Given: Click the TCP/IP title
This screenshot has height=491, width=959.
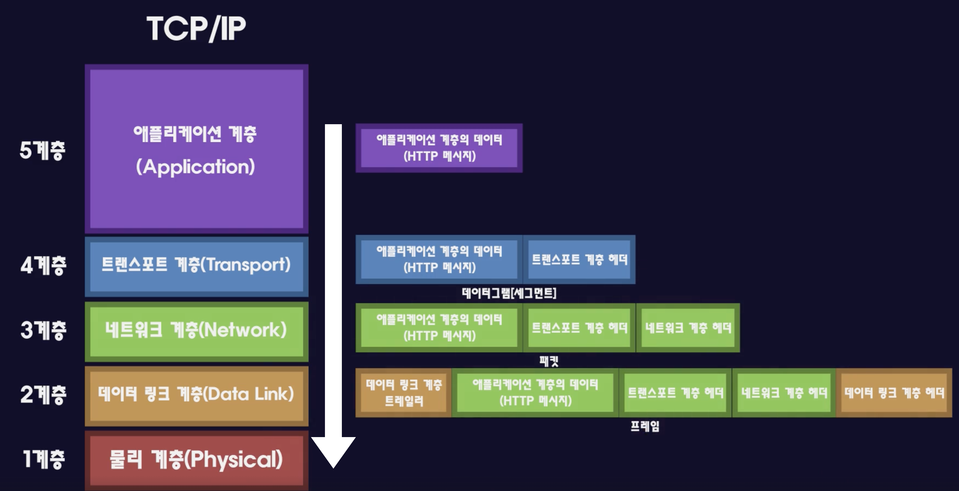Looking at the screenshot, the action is (196, 29).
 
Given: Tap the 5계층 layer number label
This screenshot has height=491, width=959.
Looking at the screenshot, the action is (43, 150).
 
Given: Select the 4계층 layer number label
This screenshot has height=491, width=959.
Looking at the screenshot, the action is (43, 265).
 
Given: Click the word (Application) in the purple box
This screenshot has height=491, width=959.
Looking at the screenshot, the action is (195, 166).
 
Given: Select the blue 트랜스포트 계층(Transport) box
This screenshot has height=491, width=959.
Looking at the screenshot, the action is (197, 267).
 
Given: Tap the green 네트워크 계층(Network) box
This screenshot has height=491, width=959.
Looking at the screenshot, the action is (197, 331).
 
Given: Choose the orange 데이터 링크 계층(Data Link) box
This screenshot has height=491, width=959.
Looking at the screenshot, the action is (197, 396).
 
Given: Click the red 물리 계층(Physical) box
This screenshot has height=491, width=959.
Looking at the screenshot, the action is (197, 460).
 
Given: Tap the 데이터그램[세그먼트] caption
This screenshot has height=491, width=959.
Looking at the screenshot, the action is (509, 293).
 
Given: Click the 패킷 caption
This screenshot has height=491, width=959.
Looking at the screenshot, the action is (549, 361).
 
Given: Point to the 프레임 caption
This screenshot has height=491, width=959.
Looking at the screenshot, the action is (645, 426).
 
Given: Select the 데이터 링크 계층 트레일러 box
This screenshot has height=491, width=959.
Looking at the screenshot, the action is (404, 393).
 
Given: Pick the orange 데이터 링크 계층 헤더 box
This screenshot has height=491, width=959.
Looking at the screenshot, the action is (894, 393).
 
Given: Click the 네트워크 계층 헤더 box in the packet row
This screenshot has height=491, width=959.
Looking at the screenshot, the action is (688, 328).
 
